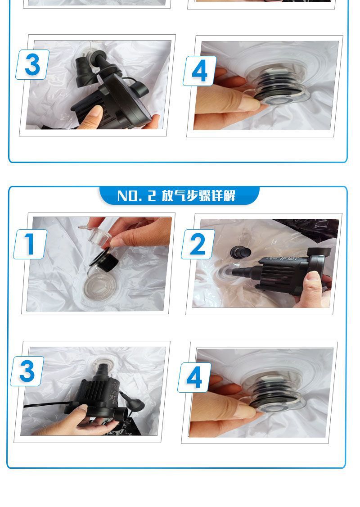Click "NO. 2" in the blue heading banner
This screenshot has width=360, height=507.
[x=136, y=196]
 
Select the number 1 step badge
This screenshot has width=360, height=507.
[x=30, y=244]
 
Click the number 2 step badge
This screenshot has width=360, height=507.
[x=198, y=244]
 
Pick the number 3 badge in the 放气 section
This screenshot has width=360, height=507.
[x=27, y=371]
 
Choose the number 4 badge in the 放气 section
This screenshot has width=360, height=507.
[x=194, y=377]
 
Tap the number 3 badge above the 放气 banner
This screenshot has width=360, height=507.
[x=32, y=65]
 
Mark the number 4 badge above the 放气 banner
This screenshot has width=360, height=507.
[x=200, y=71]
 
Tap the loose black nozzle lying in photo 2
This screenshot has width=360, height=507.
[x=240, y=252]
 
